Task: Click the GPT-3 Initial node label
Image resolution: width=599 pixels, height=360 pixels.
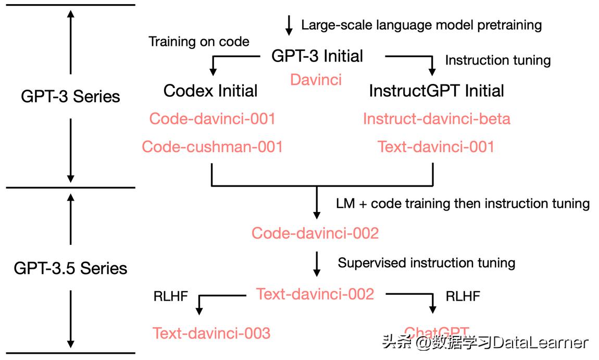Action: click(317, 56)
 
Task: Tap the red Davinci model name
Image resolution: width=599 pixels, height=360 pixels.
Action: click(316, 80)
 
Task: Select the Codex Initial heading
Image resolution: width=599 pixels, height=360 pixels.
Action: click(210, 91)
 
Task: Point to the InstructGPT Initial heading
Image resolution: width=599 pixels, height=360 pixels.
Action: click(436, 91)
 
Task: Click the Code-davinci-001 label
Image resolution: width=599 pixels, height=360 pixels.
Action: click(212, 119)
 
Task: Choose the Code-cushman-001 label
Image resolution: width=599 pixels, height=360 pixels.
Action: click(212, 146)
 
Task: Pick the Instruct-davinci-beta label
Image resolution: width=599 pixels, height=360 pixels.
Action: click(436, 119)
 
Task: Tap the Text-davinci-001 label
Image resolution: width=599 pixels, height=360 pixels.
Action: click(436, 146)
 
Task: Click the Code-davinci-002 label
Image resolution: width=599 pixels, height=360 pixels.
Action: click(315, 233)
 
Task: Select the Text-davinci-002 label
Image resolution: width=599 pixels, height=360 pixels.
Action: click(315, 294)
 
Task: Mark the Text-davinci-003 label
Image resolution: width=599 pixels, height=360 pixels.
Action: click(211, 333)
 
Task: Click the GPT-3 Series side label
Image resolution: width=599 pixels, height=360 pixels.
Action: click(70, 96)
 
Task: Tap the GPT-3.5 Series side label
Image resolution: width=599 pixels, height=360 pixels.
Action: click(70, 268)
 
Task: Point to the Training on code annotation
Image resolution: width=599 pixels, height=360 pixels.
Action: click(199, 42)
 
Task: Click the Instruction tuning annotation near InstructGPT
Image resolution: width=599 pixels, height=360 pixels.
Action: click(497, 60)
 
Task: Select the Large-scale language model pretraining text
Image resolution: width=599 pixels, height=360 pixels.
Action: click(421, 24)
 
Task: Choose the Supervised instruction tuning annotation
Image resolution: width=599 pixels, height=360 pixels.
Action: click(427, 263)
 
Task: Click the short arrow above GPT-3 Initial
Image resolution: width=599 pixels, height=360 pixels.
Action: click(289, 24)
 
